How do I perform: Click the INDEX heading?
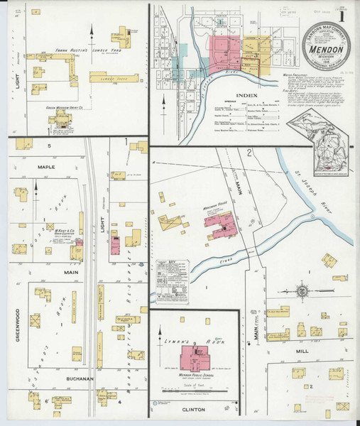[247, 94]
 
